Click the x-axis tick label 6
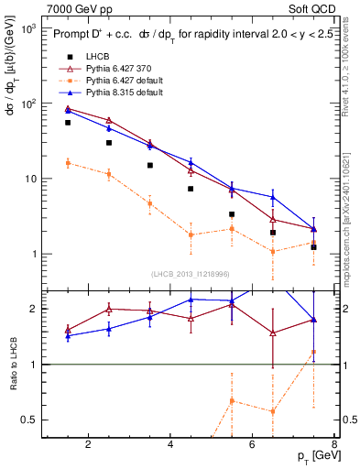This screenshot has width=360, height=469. [254, 445]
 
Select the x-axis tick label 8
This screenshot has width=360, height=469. [336, 445]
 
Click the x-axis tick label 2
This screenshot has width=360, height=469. [88, 445]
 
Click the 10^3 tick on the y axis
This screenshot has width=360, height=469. [27, 28]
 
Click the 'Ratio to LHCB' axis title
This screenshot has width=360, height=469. [13, 365]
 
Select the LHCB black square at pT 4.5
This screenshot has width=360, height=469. [191, 189]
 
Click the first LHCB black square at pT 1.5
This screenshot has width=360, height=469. [68, 122]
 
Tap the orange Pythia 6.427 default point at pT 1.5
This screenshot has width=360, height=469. [68, 163]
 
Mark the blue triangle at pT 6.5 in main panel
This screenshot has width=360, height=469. [273, 197]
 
